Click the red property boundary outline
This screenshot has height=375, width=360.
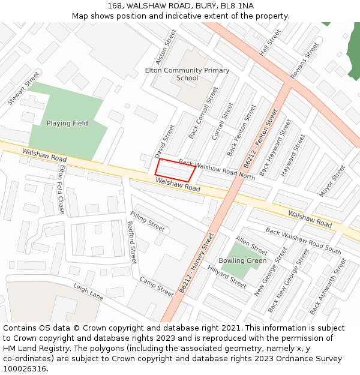pyautogui.click(x=175, y=170)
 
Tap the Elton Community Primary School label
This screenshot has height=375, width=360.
pyautogui.click(x=187, y=74)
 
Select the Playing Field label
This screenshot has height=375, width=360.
pyautogui.click(x=67, y=124)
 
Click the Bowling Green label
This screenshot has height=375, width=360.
pyautogui.click(x=242, y=261)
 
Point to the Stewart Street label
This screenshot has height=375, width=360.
pyautogui.click(x=23, y=88)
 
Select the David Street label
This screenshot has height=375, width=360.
pyautogui.click(x=165, y=142)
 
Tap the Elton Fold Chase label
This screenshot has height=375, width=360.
pyautogui.click(x=61, y=190)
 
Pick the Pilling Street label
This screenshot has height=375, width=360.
pyautogui.click(x=147, y=221)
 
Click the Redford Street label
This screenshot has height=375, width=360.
pyautogui.click(x=132, y=242)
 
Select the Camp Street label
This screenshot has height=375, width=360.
pyautogui.click(x=157, y=287)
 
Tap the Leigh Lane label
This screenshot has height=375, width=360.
pyautogui.click(x=88, y=292)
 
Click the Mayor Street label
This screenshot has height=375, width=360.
pyautogui.click(x=332, y=181)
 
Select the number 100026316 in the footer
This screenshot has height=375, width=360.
pyautogui.click(x=25, y=368)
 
